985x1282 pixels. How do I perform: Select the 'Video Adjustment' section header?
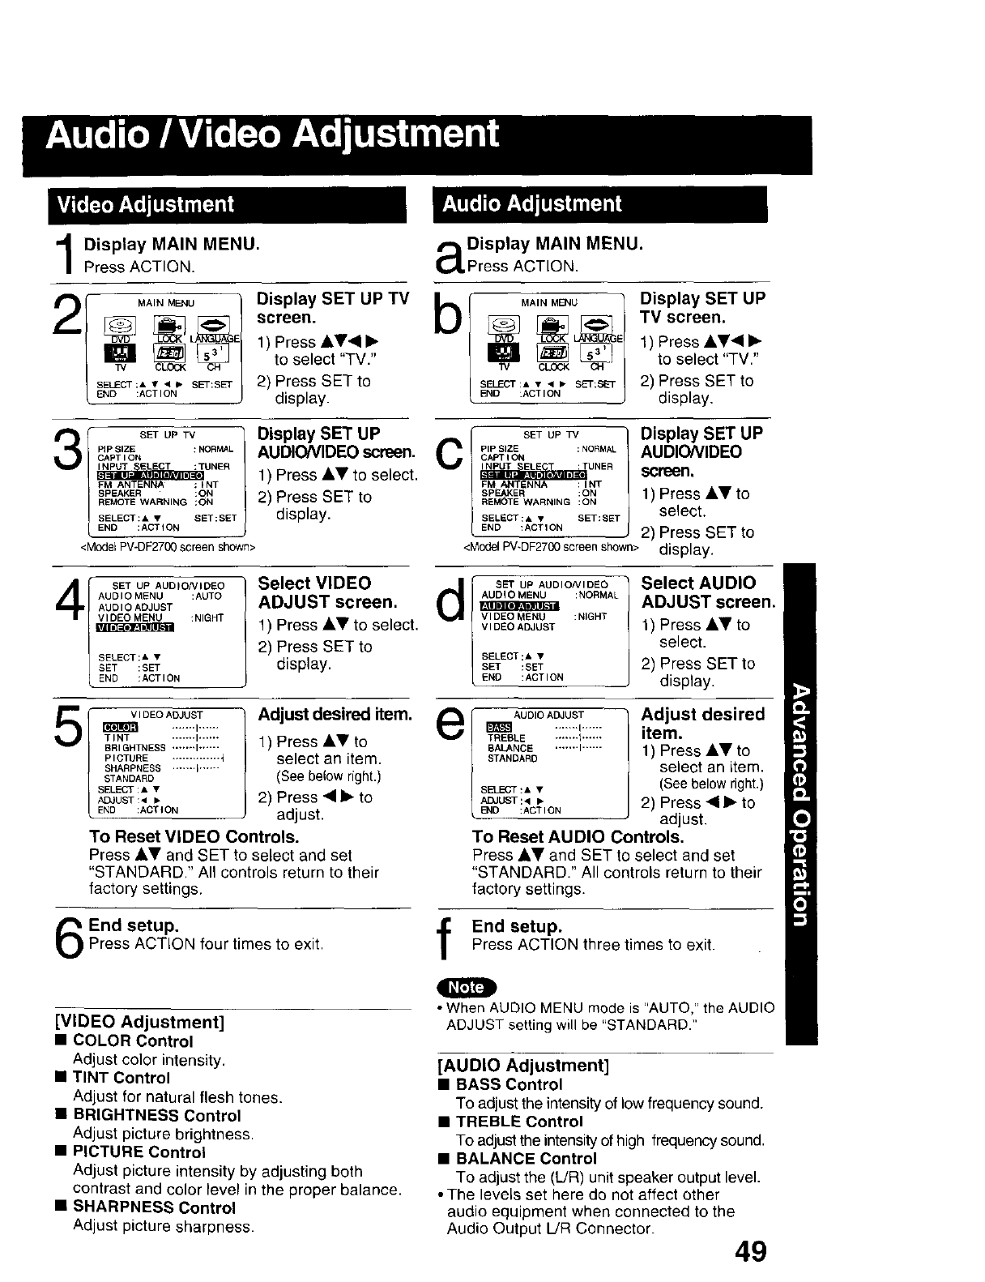click(x=143, y=204)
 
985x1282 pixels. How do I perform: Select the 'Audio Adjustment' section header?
click(x=531, y=203)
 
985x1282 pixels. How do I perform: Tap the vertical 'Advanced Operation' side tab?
click(x=800, y=802)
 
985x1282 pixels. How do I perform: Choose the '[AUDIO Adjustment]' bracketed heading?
click(x=523, y=1065)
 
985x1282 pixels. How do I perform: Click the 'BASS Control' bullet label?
click(x=509, y=1084)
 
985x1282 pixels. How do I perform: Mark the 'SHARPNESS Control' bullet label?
click(x=154, y=1207)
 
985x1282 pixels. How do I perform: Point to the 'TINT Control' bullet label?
click(x=122, y=1078)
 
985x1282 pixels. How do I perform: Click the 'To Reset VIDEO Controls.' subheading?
click(x=194, y=836)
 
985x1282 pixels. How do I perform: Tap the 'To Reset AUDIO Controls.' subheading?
click(x=578, y=836)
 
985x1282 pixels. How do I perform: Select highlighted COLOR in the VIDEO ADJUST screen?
click(x=121, y=727)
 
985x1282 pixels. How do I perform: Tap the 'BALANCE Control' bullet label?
click(x=526, y=1159)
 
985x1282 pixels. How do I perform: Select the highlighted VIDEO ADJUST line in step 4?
click(x=134, y=627)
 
